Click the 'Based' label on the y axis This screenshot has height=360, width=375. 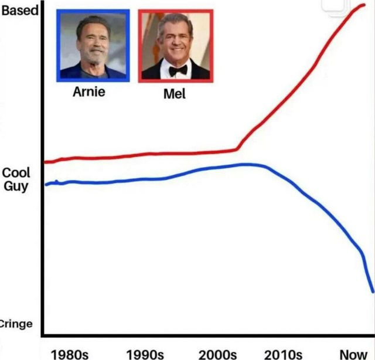click(19, 10)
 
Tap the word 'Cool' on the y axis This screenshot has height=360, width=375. click(16, 174)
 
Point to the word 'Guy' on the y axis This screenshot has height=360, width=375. click(16, 186)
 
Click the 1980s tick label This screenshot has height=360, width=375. click(70, 354)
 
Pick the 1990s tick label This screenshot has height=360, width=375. click(144, 354)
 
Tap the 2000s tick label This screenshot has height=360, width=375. click(217, 354)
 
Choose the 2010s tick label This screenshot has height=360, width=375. click(283, 354)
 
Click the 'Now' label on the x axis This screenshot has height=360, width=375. click(353, 354)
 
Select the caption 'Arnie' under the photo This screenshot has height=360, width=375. click(89, 92)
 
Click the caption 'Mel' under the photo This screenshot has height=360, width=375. click(174, 93)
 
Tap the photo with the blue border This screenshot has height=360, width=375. click(93, 46)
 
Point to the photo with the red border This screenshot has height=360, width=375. click(175, 46)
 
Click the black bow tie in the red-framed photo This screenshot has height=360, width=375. click(178, 70)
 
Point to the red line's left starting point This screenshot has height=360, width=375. click(46, 162)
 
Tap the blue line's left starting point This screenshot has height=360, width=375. click(46, 184)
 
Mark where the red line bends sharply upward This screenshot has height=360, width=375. click(238, 149)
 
